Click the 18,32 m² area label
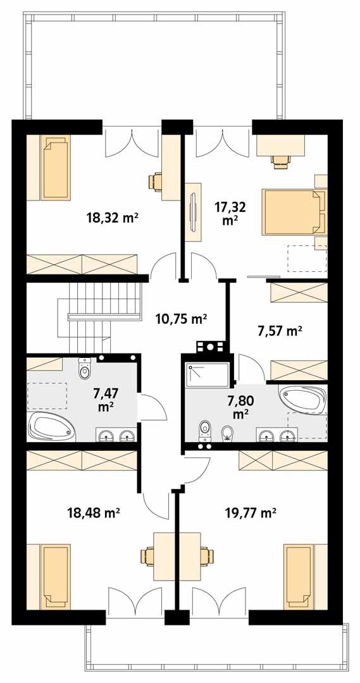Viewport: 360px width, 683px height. (112, 218)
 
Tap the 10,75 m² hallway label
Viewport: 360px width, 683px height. (182, 319)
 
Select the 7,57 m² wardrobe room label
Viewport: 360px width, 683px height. (280, 330)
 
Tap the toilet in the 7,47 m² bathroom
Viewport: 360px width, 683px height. (85, 369)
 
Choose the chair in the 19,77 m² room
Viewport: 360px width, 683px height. (205, 557)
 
